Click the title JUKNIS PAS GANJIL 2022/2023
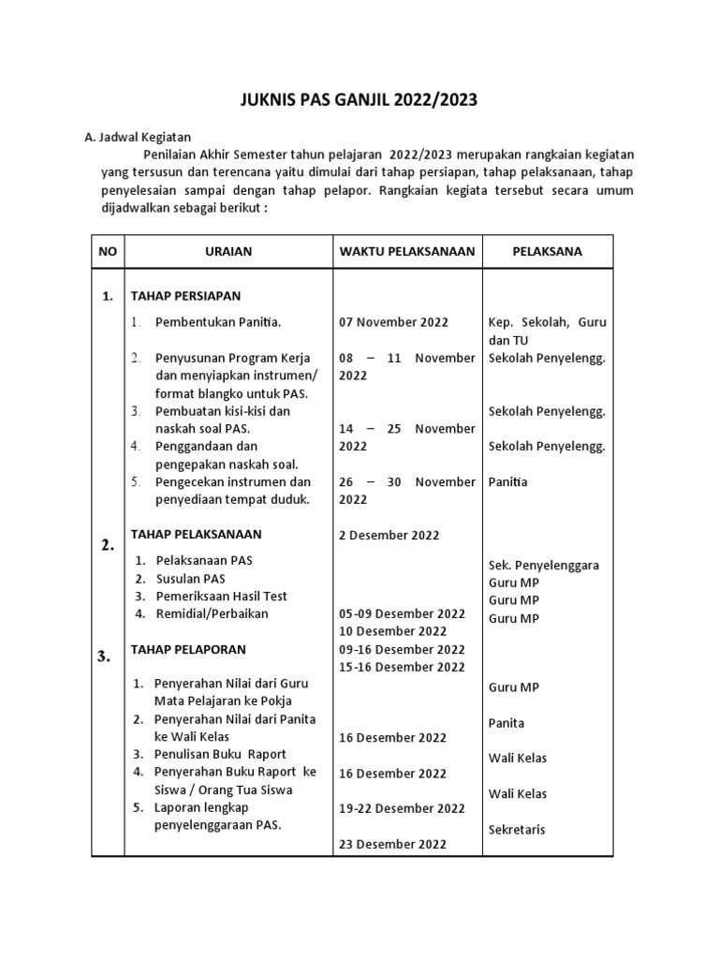[359, 101]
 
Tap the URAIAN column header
[228, 251]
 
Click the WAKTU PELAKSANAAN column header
[406, 251]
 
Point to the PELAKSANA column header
[548, 251]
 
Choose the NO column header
[108, 251]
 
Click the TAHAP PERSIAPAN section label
[185, 296]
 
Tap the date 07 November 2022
[393, 322]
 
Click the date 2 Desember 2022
[389, 535]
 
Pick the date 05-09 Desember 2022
[402, 613]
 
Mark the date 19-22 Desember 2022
[402, 808]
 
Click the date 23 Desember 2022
[392, 844]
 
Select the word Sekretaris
[517, 830]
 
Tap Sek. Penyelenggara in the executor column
[544, 565]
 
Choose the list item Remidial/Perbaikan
[212, 613]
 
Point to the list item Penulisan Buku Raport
[220, 754]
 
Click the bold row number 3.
[103, 657]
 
